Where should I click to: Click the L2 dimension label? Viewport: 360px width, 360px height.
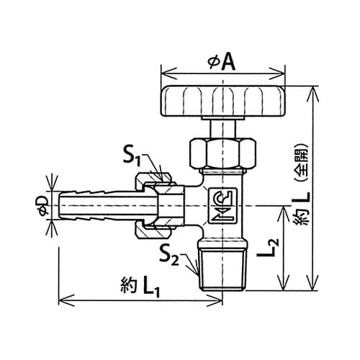click(x=268, y=248)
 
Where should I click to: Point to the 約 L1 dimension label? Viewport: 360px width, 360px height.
click(x=140, y=287)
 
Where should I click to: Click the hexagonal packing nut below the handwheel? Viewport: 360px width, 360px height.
click(x=223, y=153)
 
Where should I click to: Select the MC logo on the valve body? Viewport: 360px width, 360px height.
click(x=223, y=206)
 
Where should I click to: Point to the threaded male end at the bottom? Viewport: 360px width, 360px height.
click(x=223, y=266)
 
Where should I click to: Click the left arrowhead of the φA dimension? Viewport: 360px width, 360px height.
click(x=168, y=73)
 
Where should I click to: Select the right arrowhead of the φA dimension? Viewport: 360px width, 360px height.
click(x=279, y=73)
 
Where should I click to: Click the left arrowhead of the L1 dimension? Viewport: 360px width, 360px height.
click(x=66, y=300)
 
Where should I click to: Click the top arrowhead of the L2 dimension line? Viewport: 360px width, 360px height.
click(x=284, y=214)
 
